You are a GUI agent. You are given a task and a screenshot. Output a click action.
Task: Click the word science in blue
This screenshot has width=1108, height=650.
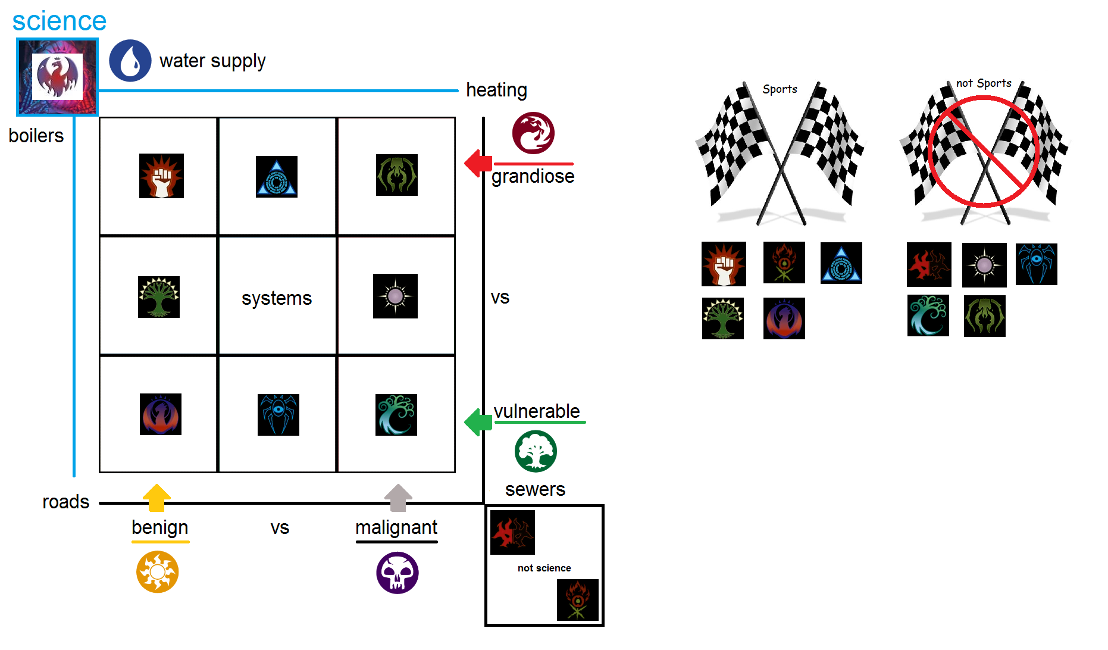pos(59,21)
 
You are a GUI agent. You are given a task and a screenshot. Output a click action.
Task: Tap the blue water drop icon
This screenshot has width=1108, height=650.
pos(130,61)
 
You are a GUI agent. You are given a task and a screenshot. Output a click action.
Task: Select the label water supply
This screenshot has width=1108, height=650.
pos(212,61)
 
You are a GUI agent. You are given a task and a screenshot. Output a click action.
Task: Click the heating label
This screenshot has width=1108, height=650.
pos(496,90)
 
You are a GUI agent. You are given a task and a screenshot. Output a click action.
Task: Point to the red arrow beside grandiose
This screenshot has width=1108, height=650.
pos(478,163)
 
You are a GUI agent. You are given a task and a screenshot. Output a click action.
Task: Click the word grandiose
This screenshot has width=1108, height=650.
pos(533,176)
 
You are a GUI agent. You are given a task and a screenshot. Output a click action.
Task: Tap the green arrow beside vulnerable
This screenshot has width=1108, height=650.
pos(478,422)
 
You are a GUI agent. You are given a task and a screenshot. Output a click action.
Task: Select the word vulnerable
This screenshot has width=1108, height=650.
pos(537,411)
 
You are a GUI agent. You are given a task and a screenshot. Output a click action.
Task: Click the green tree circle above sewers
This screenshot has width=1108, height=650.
pos(536,451)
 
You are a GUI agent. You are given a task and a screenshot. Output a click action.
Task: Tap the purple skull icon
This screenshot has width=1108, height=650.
pos(397,573)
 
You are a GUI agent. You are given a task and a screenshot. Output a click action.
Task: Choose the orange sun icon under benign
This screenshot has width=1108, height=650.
pos(157,572)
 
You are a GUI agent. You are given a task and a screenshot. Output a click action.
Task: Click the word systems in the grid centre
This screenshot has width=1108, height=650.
pos(277,298)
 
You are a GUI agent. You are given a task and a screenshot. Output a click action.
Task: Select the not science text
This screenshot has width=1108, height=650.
pos(544,568)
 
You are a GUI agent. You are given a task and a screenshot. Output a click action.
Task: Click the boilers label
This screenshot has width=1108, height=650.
pos(36,136)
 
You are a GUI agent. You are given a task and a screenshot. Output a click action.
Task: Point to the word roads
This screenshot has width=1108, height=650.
pos(65,502)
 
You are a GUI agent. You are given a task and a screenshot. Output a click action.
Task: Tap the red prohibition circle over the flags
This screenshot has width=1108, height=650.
pos(984,152)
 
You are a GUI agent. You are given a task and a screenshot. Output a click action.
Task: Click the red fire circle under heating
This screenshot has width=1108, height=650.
pos(533,133)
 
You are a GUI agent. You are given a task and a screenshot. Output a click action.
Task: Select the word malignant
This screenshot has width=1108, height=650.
pos(396,527)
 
